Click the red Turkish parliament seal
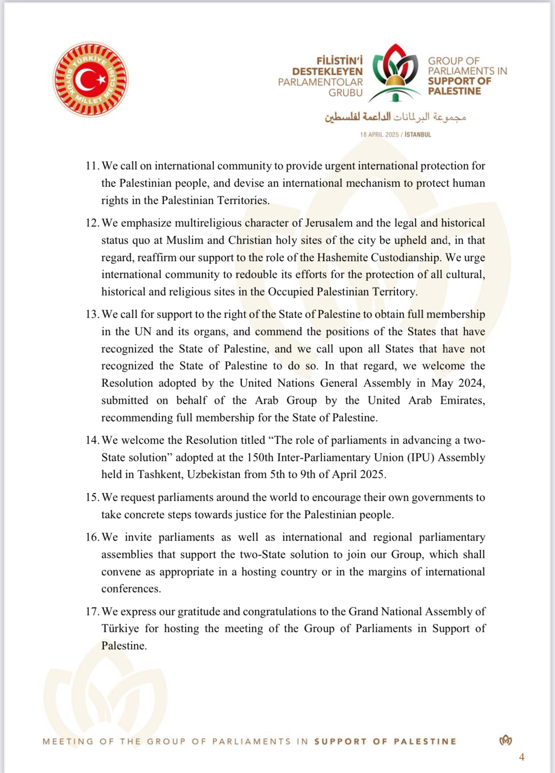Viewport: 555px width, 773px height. (90, 80)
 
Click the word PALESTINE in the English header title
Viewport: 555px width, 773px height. (454, 91)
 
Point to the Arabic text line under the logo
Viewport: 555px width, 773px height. (396, 117)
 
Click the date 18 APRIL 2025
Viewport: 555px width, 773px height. (379, 135)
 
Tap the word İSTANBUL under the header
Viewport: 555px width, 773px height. (418, 135)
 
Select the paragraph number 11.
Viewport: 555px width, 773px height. (92, 166)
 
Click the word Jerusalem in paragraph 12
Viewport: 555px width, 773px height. (329, 223)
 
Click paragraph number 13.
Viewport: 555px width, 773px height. (92, 315)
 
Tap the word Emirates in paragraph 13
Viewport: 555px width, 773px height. (462, 401)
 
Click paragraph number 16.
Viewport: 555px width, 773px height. (92, 538)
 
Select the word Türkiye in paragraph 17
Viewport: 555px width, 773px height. (120, 629)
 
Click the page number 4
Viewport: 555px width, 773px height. (522, 757)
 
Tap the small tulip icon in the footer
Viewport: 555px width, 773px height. (506, 741)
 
